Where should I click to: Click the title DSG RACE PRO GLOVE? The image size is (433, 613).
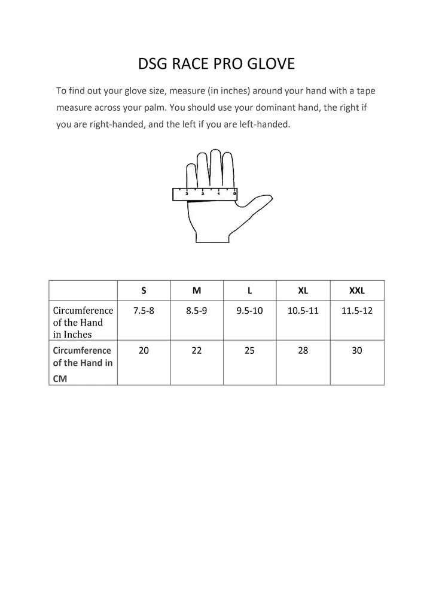216,63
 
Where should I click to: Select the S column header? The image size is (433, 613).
144,290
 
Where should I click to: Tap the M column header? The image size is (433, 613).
197,290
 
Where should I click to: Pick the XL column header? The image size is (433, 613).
303,290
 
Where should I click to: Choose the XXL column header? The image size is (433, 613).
357,290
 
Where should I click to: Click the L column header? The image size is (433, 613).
249,290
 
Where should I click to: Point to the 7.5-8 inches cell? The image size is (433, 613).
144,311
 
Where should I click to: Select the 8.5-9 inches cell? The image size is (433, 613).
197,311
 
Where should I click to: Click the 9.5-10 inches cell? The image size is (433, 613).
249,311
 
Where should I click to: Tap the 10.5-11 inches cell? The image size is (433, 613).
303,311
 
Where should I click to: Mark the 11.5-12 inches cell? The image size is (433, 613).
357,311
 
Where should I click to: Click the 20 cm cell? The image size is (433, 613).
144,351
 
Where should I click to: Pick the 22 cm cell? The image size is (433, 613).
197,351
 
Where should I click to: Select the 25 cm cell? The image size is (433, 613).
249,351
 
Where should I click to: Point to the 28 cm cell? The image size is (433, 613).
303,351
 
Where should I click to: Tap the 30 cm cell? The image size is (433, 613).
357,351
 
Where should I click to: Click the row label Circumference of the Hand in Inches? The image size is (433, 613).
83,322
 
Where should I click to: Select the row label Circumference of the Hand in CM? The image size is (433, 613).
83,362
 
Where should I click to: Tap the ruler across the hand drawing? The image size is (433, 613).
205,193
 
